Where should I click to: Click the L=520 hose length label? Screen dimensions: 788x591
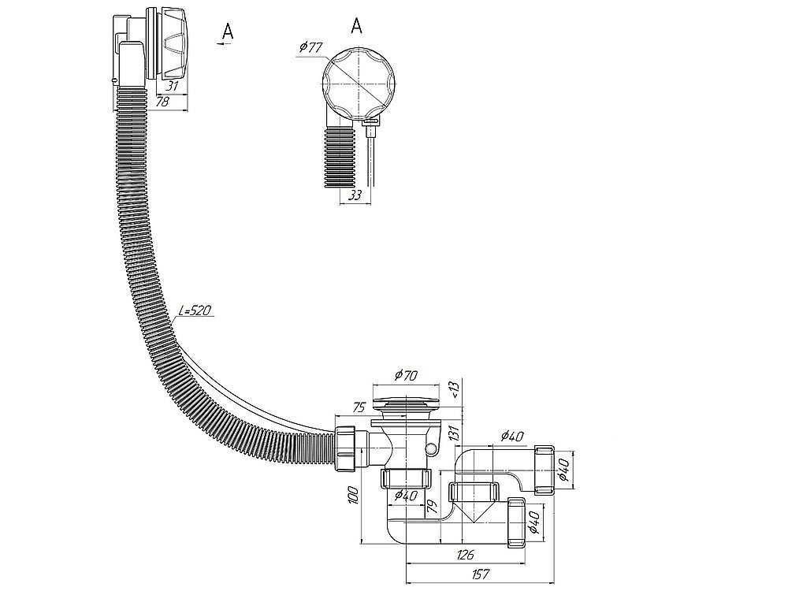[195, 310]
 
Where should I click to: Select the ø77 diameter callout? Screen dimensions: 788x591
[310, 48]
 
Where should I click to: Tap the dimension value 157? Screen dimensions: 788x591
[481, 574]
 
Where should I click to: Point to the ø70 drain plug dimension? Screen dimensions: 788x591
[406, 374]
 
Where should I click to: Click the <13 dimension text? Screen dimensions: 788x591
[454, 389]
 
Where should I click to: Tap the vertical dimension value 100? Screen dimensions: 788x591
[354, 495]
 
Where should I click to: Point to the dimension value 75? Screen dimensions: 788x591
[358, 407]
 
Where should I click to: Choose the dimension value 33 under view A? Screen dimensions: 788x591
[355, 195]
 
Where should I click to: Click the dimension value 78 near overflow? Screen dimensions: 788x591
[162, 101]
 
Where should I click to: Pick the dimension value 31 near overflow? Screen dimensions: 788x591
[173, 86]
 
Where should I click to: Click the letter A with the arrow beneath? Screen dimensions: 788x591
[227, 32]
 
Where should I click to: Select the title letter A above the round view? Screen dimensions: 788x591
[356, 25]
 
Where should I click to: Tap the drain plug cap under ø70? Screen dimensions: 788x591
[406, 403]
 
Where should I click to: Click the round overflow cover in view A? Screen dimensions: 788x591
[359, 84]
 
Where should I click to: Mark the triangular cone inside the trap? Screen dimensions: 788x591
[472, 511]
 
